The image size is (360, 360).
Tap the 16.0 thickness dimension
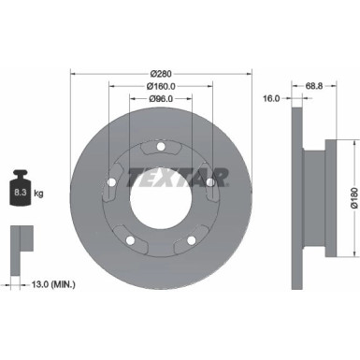click(x=272, y=97)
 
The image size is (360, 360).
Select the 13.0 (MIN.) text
click(x=56, y=283)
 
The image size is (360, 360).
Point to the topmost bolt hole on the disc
click(x=160, y=146)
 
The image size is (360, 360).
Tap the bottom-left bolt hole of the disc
click(x=129, y=240)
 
